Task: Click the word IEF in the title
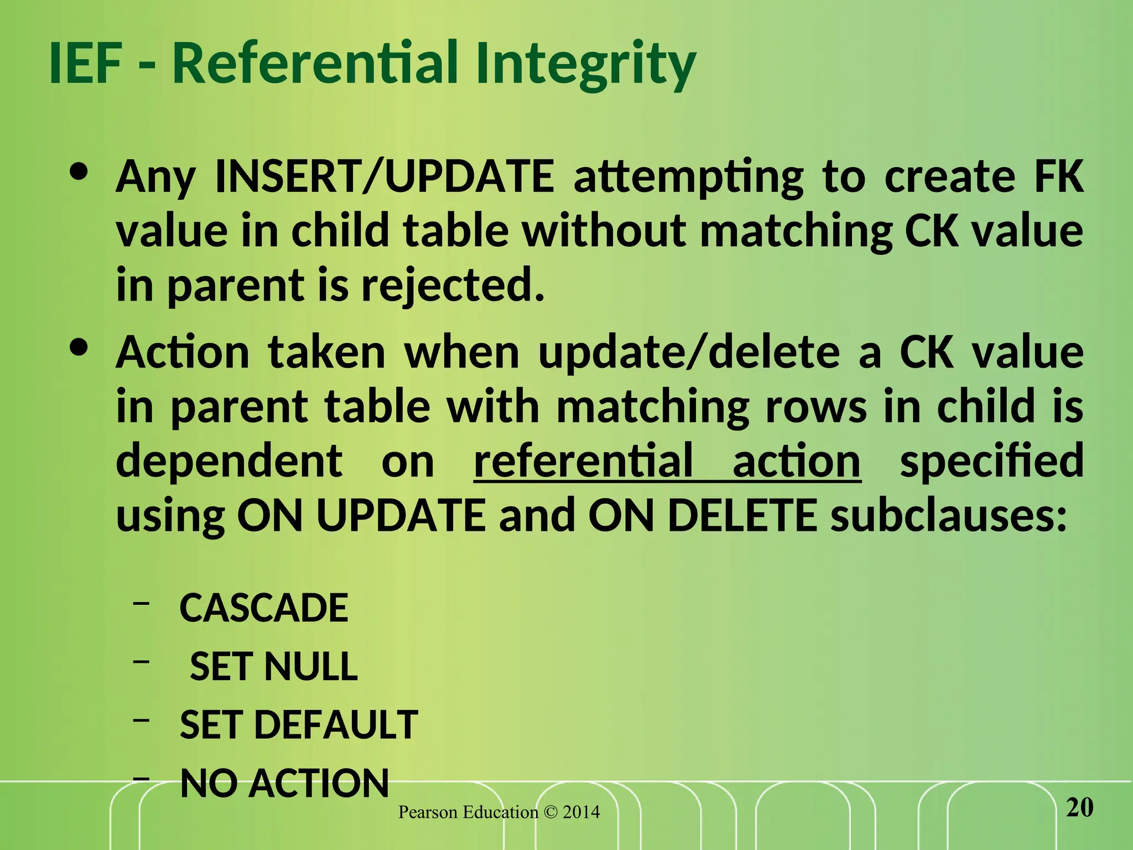(x=86, y=63)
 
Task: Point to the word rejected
(x=453, y=286)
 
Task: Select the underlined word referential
(x=584, y=460)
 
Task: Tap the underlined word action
(x=797, y=460)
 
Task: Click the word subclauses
(x=949, y=515)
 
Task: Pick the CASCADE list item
(x=264, y=608)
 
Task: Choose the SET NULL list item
(x=274, y=666)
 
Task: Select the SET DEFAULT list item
(x=299, y=724)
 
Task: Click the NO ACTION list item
(x=285, y=783)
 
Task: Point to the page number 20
(x=1079, y=807)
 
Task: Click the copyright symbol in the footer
(x=550, y=812)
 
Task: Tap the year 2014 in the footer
(x=581, y=812)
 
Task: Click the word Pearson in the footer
(x=428, y=812)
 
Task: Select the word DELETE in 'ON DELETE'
(x=742, y=515)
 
